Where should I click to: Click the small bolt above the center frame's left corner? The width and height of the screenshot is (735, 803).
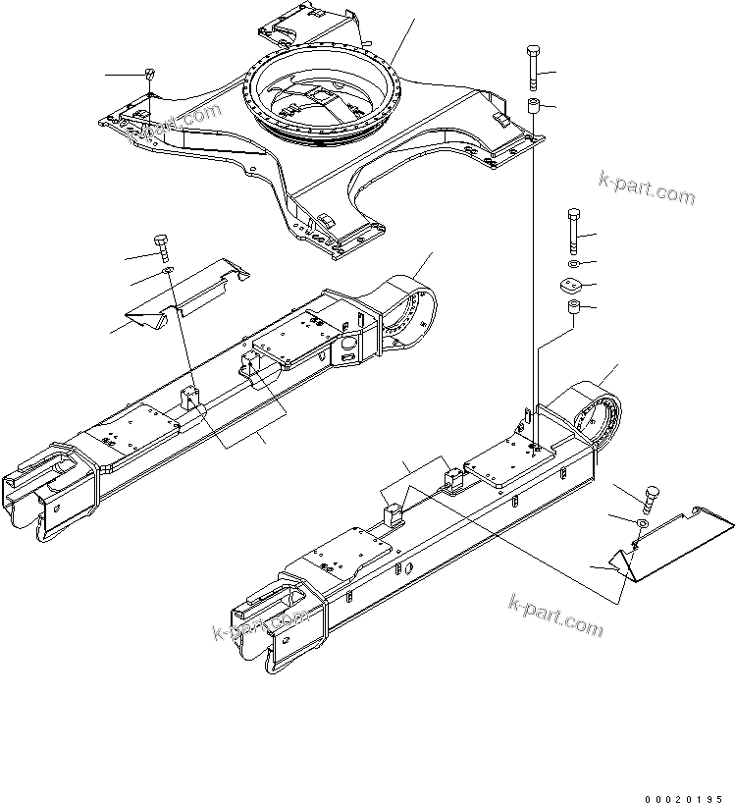(150, 75)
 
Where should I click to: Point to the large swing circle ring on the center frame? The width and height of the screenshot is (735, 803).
(323, 98)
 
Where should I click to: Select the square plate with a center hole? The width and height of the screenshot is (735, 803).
(572, 287)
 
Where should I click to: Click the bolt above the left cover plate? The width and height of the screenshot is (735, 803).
(162, 246)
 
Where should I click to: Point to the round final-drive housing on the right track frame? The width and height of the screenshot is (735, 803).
(599, 418)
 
